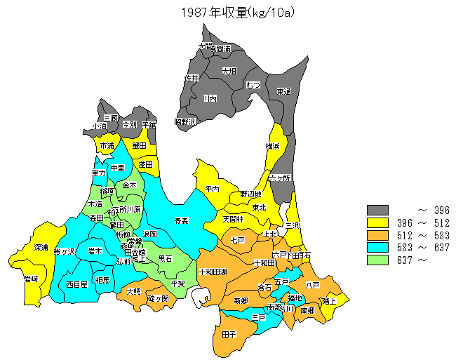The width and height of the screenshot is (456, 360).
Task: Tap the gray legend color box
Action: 378,210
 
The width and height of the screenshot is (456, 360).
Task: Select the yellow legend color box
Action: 378,222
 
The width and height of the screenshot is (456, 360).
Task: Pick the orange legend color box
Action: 378,235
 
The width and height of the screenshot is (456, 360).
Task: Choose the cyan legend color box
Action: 378,248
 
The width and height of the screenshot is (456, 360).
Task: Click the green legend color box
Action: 378,260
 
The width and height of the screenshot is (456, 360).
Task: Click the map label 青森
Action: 182,220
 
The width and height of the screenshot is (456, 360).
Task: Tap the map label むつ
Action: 253,85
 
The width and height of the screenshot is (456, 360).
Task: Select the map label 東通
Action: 283,91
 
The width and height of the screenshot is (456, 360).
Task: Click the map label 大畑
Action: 229,71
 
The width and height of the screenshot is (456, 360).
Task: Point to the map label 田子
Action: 229,334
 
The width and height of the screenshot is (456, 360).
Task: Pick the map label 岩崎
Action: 31,279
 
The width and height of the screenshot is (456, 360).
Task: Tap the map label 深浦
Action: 41,248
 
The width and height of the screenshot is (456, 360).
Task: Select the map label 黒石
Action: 166,258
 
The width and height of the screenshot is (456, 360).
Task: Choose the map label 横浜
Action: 273,146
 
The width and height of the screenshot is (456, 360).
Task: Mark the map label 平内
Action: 213,189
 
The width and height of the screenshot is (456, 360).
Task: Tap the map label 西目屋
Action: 76,284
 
